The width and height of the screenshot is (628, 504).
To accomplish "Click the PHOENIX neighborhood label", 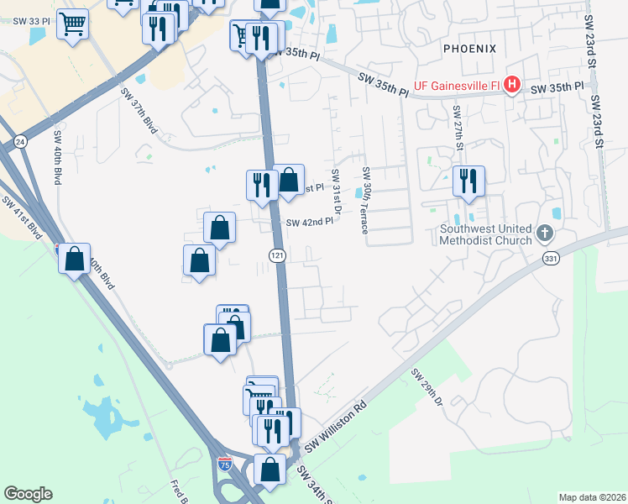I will click(x=470, y=49).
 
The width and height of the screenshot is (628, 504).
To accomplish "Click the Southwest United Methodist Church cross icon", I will click(x=544, y=231).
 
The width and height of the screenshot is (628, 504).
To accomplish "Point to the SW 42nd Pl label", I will click(x=310, y=223).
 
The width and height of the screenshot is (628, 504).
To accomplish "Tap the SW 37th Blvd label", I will click(x=139, y=112).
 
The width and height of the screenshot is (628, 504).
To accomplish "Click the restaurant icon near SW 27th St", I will click(x=468, y=181).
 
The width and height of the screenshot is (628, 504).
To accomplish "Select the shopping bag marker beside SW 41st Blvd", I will click(x=75, y=260).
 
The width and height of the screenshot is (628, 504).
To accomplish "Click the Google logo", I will click(x=28, y=494).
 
